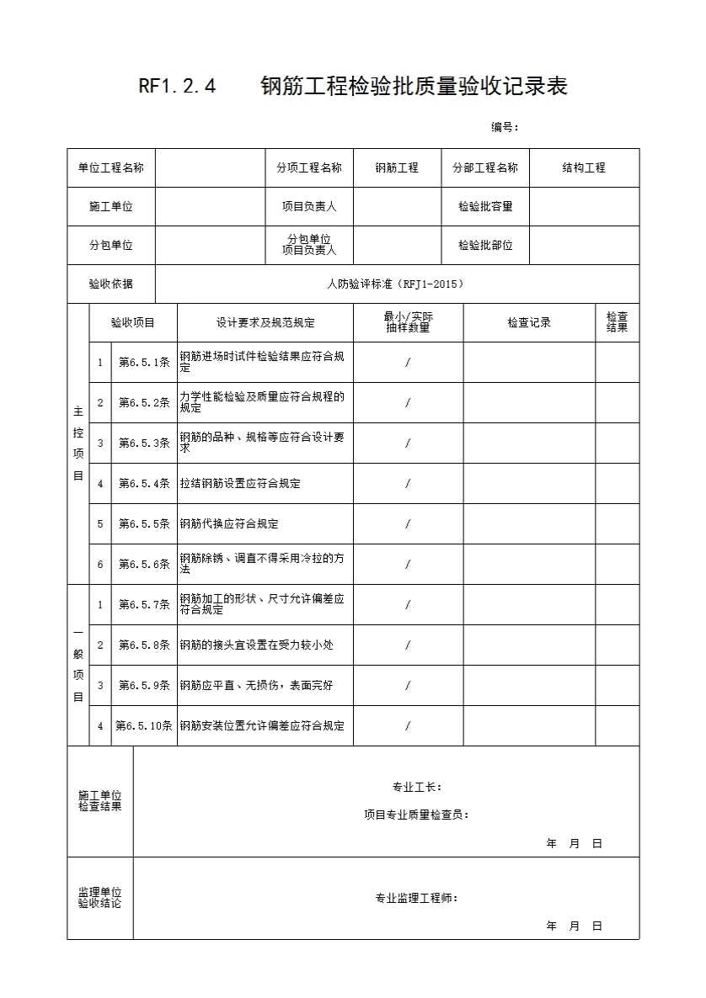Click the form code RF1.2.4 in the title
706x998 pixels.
tap(177, 86)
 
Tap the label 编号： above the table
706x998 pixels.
tap(505, 127)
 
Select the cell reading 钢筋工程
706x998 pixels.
tap(397, 167)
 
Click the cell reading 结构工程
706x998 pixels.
tap(584, 167)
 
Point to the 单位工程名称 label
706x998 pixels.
tap(111, 167)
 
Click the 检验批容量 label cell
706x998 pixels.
tap(485, 206)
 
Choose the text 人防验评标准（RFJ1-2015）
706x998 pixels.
tap(396, 284)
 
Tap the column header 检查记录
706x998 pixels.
tap(529, 322)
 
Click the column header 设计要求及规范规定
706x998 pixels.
tap(265, 322)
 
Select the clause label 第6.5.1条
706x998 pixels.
tap(144, 363)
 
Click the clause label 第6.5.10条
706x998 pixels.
tap(144, 725)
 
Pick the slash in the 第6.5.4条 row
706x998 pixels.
tap(408, 484)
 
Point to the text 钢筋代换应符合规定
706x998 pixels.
tap(229, 523)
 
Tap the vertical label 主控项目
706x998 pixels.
tap(78, 443)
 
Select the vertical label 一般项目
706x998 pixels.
tap(78, 665)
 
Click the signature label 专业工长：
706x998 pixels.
tap(417, 787)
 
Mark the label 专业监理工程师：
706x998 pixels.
tap(417, 898)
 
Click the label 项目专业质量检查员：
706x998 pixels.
tap(417, 814)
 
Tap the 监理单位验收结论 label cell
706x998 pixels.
tap(99, 898)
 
